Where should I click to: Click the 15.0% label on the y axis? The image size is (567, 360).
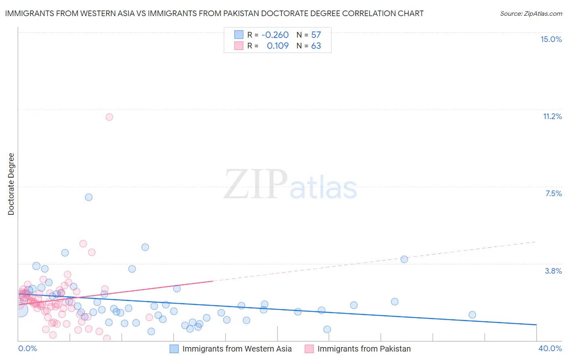click(551, 39)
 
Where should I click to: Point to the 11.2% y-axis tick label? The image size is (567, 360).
click(552, 116)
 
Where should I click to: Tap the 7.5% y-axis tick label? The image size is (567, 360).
click(553, 193)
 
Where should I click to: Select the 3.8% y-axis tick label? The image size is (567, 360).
click(553, 271)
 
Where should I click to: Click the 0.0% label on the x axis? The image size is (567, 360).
click(27, 348)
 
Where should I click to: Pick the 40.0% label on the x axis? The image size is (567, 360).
click(550, 348)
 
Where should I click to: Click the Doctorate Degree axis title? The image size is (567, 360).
click(11, 184)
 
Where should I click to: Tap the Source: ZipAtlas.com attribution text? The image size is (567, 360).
click(531, 13)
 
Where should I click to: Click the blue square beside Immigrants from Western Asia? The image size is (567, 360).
click(174, 349)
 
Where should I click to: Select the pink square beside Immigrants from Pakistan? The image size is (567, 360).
click(309, 349)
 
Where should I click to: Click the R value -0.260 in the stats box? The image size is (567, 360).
click(275, 35)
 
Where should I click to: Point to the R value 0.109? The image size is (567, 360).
click(277, 46)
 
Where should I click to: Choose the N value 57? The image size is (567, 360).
click(316, 35)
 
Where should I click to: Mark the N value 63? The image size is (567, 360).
click(316, 46)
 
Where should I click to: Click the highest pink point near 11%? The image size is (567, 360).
click(109, 117)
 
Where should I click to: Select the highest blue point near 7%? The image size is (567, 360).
click(89, 197)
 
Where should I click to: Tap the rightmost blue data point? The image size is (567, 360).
click(472, 315)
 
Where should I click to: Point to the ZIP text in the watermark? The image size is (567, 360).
click(256, 184)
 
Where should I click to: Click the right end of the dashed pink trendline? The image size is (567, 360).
click(536, 241)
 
